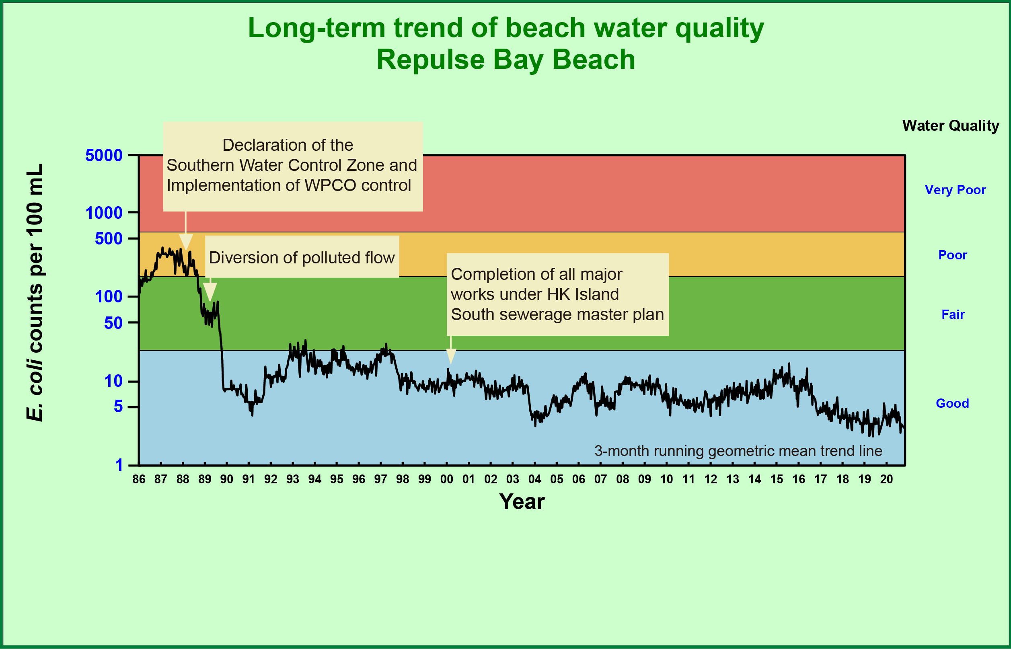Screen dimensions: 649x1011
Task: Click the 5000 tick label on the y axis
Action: pyautogui.click(x=104, y=156)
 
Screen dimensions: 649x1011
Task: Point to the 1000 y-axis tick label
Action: pyautogui.click(x=104, y=213)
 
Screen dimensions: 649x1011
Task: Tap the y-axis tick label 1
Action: pyautogui.click(x=119, y=465)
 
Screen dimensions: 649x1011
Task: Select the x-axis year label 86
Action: pyautogui.click(x=139, y=479)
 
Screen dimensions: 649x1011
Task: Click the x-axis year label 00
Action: pyautogui.click(x=446, y=479)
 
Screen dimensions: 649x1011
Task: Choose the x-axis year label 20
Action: pyautogui.click(x=886, y=479)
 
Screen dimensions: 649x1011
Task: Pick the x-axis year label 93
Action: pyautogui.click(x=292, y=479)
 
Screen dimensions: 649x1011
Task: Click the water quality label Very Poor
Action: pyautogui.click(x=955, y=190)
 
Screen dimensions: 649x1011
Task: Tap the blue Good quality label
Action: pyautogui.click(x=952, y=403)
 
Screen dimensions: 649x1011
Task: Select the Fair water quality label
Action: pyautogui.click(x=953, y=314)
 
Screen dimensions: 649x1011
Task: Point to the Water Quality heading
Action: pyautogui.click(x=950, y=125)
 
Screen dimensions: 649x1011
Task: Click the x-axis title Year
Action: pyautogui.click(x=522, y=502)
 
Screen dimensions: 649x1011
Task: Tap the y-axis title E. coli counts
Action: pyautogui.click(x=35, y=292)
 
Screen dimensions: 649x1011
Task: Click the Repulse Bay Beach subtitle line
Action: pyautogui.click(x=505, y=60)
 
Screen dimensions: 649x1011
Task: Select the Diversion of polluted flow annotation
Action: pyautogui.click(x=302, y=257)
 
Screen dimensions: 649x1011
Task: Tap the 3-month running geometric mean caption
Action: pyautogui.click(x=738, y=451)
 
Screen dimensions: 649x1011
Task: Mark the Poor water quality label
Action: pyautogui.click(x=952, y=255)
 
